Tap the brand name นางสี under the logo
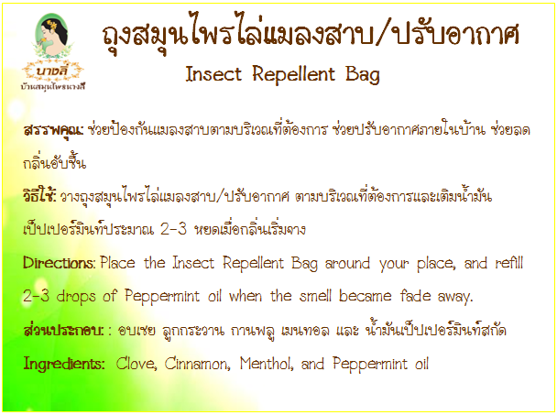click(x=52, y=71)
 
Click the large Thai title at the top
click(x=311, y=35)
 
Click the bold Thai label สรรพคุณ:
click(x=53, y=130)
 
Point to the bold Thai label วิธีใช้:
click(x=39, y=195)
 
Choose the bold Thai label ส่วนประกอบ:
click(x=63, y=330)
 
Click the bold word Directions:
click(x=59, y=263)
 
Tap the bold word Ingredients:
click(x=64, y=365)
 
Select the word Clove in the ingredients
click(x=137, y=364)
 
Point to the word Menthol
click(x=267, y=364)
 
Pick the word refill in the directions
click(x=509, y=263)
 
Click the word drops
click(x=76, y=297)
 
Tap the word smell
click(x=315, y=296)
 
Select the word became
click(x=365, y=296)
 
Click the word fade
click(x=415, y=296)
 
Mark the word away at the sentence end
click(x=455, y=297)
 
